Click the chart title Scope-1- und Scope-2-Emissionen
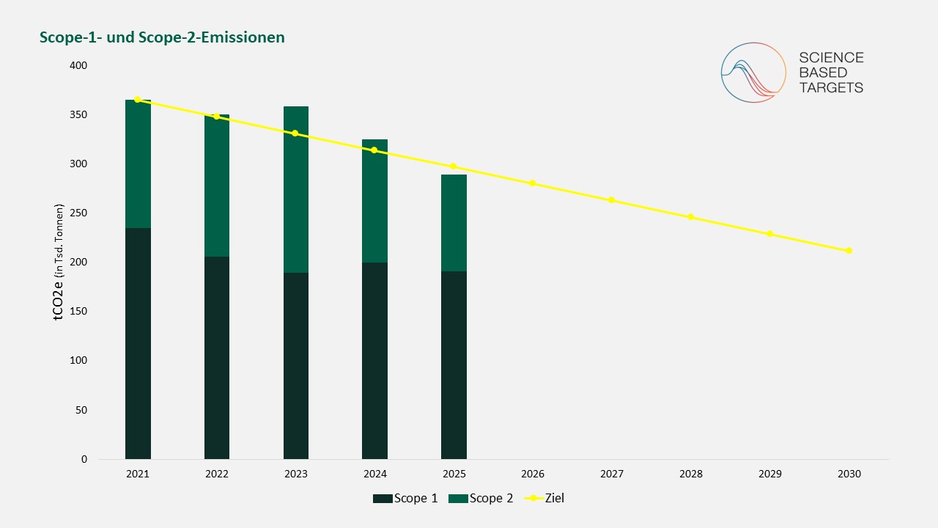coord(162,37)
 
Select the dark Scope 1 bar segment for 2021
coord(138,343)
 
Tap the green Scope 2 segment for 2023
coord(295,189)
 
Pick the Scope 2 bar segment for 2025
coord(454,223)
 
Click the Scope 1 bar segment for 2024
coord(374,361)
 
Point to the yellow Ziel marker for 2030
coord(849,251)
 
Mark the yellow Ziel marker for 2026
coord(532,183)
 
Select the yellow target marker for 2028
coord(690,217)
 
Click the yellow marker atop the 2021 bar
coord(137,99)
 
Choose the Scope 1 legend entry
coord(405,498)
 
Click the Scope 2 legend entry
coord(481,498)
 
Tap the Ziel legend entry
coord(544,498)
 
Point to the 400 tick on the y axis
coord(78,65)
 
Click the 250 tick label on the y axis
coord(78,213)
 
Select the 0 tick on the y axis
coord(84,459)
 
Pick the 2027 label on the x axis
coord(611,474)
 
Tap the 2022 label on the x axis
coord(216,474)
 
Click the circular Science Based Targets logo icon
coord(753,73)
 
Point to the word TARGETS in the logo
coord(831,87)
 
